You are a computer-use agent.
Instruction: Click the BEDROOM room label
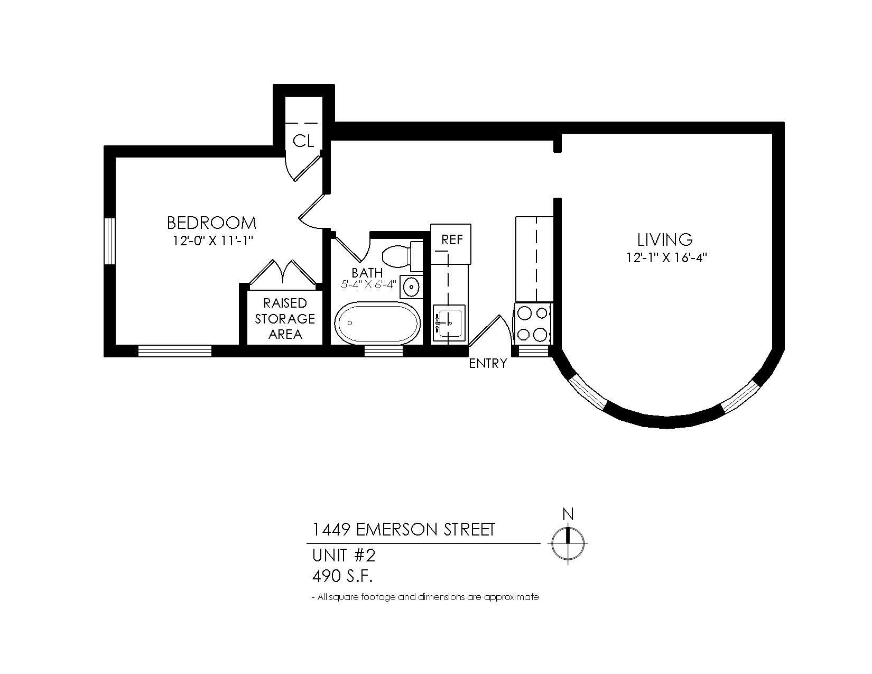211,223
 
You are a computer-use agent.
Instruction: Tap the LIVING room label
665,239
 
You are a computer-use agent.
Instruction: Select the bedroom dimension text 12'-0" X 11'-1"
212,241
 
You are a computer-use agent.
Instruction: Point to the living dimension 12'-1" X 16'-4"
666,258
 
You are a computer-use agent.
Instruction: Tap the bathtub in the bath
378,323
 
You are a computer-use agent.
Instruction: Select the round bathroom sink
411,287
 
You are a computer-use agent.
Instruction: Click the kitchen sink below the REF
449,324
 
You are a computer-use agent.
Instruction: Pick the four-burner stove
533,324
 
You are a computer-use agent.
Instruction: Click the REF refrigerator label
452,239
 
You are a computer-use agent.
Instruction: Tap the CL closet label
303,141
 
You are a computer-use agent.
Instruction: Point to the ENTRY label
488,363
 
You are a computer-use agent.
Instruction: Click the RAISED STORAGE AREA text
285,318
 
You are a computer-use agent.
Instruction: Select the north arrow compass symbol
568,543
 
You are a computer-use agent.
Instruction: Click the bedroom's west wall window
109,241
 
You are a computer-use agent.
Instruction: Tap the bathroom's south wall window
383,351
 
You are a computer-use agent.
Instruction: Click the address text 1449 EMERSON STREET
403,530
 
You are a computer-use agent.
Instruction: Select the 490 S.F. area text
342,576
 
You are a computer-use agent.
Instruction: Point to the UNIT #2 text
344,556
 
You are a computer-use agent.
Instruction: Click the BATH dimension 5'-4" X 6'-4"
368,284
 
